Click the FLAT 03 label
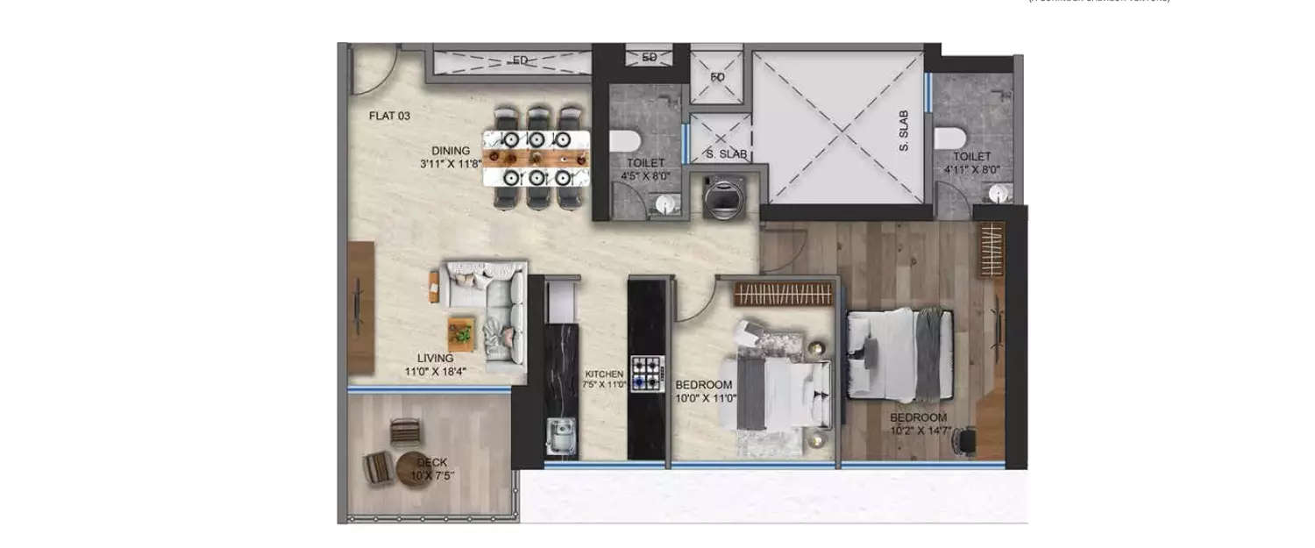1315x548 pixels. tap(389, 116)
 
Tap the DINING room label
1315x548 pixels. tap(450, 150)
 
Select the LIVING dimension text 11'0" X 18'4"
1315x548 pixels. tap(436, 371)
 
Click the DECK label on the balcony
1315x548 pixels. tap(431, 462)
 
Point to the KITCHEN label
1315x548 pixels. tap(604, 374)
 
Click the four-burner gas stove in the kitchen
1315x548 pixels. tap(647, 373)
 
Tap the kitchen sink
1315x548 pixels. tap(558, 436)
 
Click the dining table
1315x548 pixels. tap(537, 158)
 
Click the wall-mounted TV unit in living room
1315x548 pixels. tap(360, 307)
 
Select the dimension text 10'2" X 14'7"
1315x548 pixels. tap(918, 431)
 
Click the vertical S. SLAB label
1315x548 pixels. tap(904, 132)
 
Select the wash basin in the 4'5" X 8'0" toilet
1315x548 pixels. tap(669, 203)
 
